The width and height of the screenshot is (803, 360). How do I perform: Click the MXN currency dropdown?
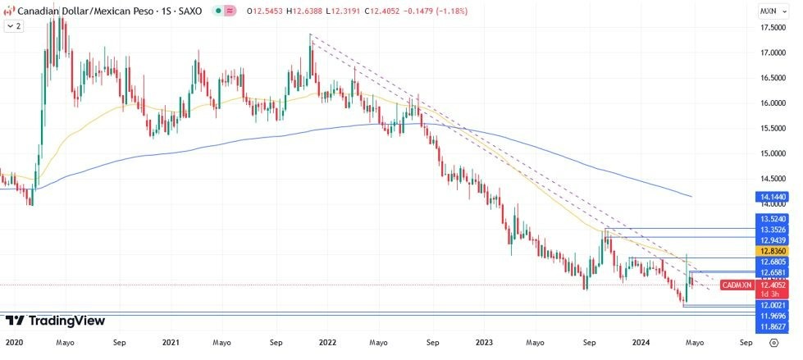click(771, 11)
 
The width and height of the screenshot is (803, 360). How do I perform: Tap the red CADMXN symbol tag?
click(735, 285)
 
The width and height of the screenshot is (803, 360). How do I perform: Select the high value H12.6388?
click(306, 11)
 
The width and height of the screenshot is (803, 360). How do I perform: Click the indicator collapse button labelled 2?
click(14, 26)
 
